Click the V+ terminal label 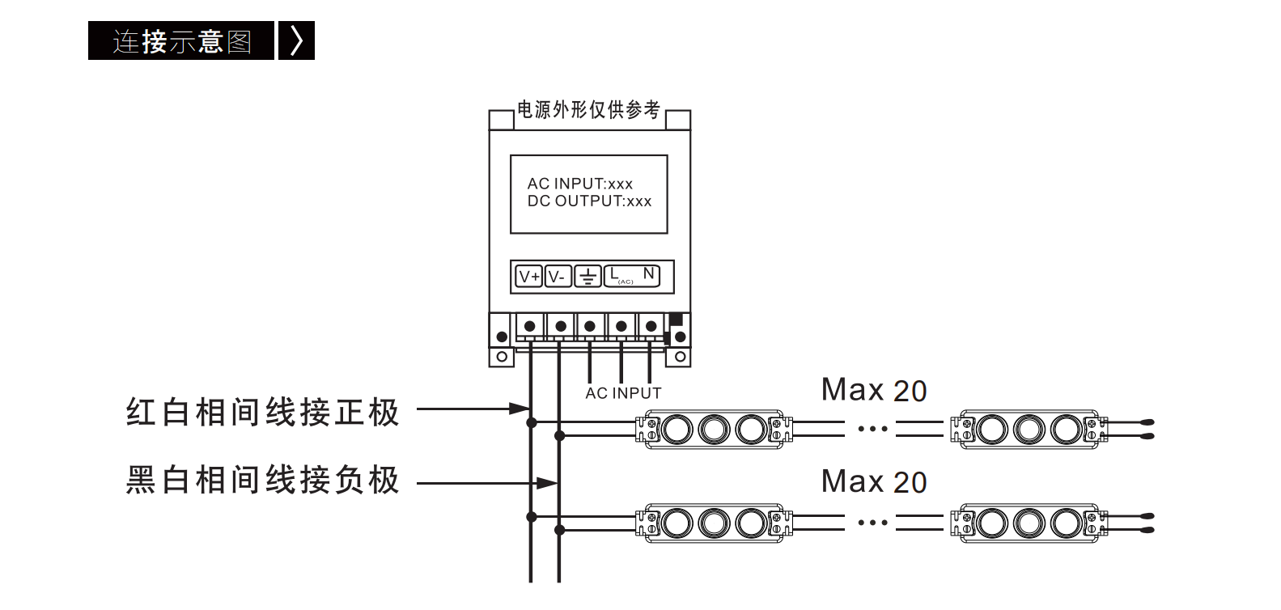pyautogui.click(x=529, y=277)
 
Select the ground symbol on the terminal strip pyautogui.click(x=587, y=277)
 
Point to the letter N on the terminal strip pyautogui.click(x=648, y=273)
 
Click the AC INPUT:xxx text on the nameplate pyautogui.click(x=580, y=184)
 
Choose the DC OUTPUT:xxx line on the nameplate pyautogui.click(x=589, y=201)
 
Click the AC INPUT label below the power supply pyautogui.click(x=623, y=393)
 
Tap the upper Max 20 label pyautogui.click(x=874, y=391)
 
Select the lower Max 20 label pyautogui.click(x=874, y=482)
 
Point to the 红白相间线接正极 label pyautogui.click(x=262, y=412)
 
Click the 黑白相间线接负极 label pyautogui.click(x=262, y=480)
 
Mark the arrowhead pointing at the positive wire pyautogui.click(x=520, y=409)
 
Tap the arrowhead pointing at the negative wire pyautogui.click(x=547, y=484)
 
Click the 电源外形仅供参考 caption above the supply pyautogui.click(x=589, y=110)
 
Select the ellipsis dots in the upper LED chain pyautogui.click(x=872, y=429)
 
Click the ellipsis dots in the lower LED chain pyautogui.click(x=872, y=523)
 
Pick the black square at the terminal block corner pyautogui.click(x=676, y=319)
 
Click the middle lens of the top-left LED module pyautogui.click(x=714, y=430)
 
